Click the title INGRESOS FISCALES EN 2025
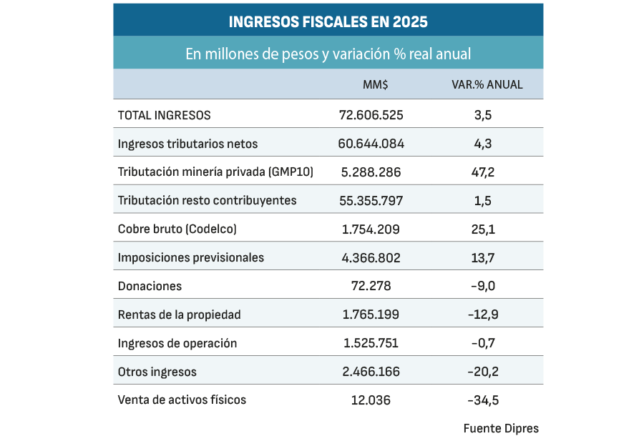coord(328,21)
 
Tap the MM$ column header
coord(375,84)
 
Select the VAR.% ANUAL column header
coord(487,84)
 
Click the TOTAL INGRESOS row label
coord(164,115)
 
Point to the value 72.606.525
coord(371,115)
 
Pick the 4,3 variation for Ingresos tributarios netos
coord(483,144)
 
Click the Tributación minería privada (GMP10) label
coord(215,172)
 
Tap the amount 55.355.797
coord(371,200)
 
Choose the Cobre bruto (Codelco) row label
coord(177,229)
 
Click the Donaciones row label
coord(150,286)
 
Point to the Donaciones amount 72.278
coord(371,286)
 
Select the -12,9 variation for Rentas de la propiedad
coord(483,314)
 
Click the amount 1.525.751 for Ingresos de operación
coord(371,343)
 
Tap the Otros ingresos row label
coord(157,372)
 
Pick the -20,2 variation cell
coord(483,372)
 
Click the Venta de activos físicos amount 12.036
coord(371,400)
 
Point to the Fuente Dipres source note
coord(501,429)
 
